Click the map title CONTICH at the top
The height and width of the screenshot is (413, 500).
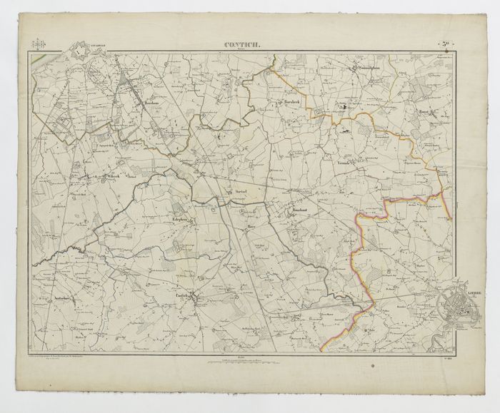pos(242,46)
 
